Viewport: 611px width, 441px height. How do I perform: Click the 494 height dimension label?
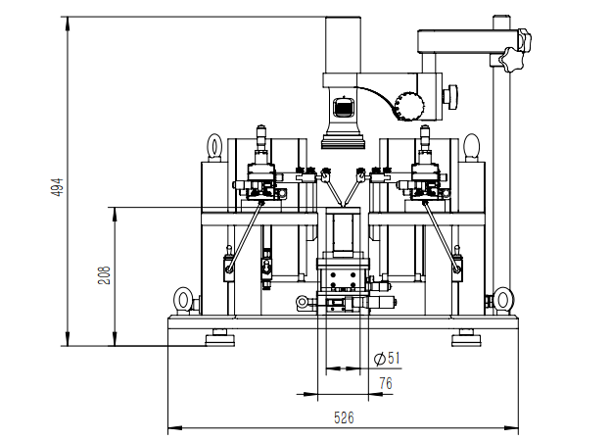57,187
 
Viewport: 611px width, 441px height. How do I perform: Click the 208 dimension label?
104,275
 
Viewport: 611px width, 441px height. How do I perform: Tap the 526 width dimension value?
344,418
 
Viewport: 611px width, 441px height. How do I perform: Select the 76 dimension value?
386,384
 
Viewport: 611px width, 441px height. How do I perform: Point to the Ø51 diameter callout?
387,358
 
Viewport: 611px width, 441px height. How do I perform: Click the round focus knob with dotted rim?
409,106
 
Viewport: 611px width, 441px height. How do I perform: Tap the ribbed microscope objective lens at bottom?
344,141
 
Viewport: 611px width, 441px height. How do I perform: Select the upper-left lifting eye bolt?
214,147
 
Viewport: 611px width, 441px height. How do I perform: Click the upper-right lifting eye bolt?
472,147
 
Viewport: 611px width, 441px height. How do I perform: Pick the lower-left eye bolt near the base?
183,300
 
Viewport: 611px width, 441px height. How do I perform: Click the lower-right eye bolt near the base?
502,300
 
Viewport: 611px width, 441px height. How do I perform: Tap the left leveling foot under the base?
220,338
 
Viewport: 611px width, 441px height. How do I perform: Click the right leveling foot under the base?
466,338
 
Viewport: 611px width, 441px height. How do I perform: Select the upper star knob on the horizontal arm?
525,39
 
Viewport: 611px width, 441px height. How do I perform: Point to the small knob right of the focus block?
451,97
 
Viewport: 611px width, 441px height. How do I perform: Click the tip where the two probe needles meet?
344,206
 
